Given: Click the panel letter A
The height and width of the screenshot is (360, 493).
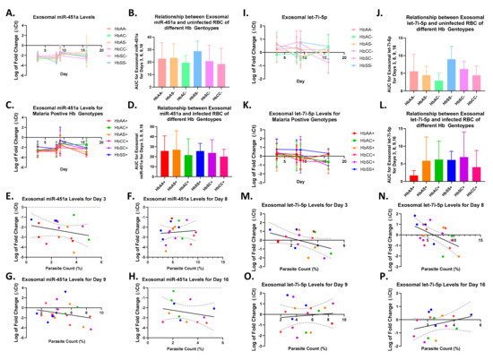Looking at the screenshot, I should click(7, 12).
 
